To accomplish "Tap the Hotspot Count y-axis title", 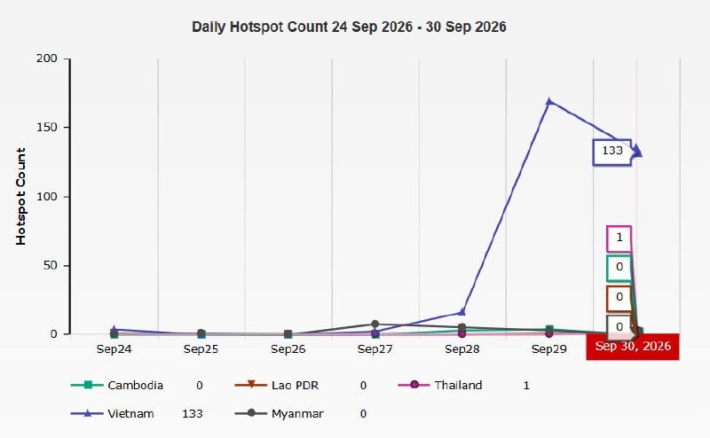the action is click(x=20, y=196).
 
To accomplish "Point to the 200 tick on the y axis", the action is click(x=47, y=59).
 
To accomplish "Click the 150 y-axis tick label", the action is click(x=47, y=127).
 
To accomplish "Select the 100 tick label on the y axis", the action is click(x=47, y=196).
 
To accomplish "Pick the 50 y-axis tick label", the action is click(x=51, y=265).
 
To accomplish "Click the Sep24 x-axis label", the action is click(x=114, y=349).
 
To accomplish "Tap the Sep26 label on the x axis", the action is click(x=288, y=349).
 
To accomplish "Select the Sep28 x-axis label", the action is click(x=461, y=349).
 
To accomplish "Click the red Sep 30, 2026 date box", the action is click(x=633, y=347).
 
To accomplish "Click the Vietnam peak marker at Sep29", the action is click(x=549, y=101).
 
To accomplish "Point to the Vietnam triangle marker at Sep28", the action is click(x=461, y=312).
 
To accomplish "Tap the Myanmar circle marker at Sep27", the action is click(x=375, y=324).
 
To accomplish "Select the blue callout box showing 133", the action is click(x=611, y=152).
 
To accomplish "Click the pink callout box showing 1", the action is click(x=619, y=239).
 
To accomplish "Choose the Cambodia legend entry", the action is click(x=117, y=385).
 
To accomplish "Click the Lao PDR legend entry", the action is click(x=277, y=385).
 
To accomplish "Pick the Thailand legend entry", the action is click(x=439, y=385).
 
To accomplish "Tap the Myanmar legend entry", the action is click(x=279, y=413).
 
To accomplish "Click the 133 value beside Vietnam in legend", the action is click(x=193, y=413).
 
